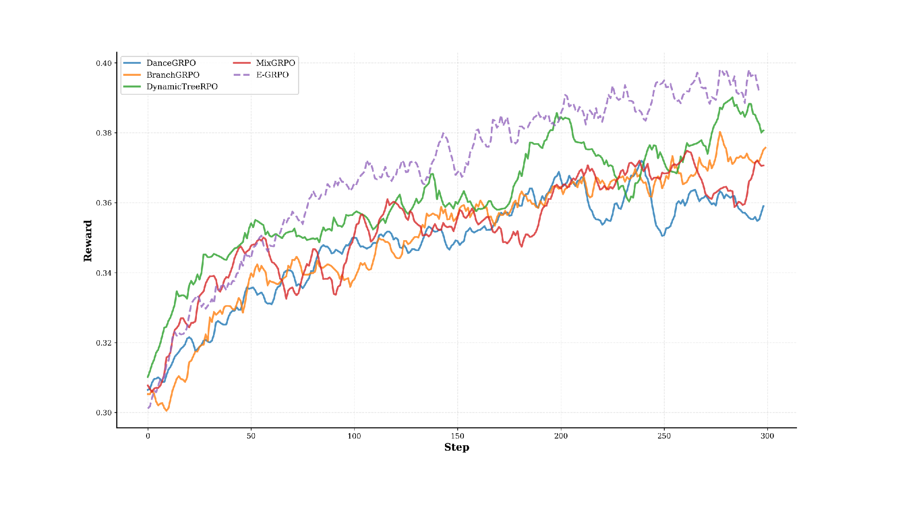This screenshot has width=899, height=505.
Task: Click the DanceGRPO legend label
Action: [x=171, y=63]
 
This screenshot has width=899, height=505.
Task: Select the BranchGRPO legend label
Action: [x=173, y=75]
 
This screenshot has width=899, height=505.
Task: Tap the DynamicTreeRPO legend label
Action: [x=182, y=87]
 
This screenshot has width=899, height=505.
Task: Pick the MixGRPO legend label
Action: [x=275, y=63]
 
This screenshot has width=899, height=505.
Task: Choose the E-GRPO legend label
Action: [x=272, y=75]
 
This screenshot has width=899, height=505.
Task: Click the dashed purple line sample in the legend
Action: [x=242, y=75]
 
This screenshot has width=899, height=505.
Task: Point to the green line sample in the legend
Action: [x=132, y=87]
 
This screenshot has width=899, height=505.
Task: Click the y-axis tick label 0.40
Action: [x=103, y=63]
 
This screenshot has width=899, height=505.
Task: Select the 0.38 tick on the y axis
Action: [x=103, y=133]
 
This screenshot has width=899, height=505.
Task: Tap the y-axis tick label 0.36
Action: [x=103, y=203]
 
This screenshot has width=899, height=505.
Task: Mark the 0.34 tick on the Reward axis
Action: [x=103, y=273]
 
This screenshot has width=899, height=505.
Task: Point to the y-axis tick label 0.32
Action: [x=103, y=343]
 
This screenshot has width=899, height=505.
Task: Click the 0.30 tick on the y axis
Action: [x=103, y=413]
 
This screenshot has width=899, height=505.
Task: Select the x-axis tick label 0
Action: [x=148, y=436]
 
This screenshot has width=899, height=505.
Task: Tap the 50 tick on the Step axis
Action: [x=251, y=436]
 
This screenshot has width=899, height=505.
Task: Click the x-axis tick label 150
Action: [x=458, y=436]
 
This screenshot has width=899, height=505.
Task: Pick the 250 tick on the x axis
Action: [x=664, y=436]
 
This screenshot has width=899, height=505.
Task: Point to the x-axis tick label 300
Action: [x=767, y=436]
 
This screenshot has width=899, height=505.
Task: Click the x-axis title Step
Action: [x=457, y=448]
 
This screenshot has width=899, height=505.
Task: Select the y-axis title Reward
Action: [x=88, y=241]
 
